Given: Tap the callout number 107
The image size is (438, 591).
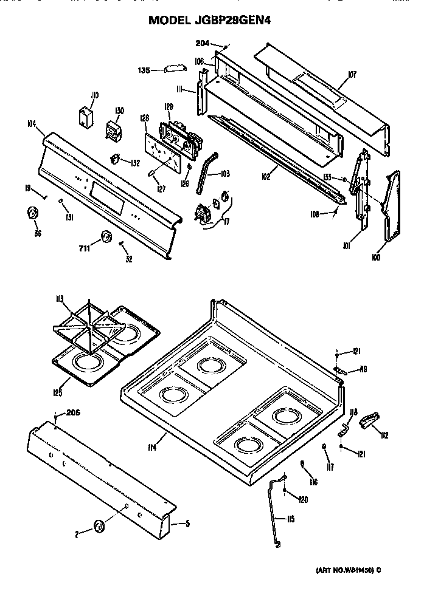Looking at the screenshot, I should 352,74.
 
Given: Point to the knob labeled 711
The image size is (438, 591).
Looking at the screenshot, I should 106,237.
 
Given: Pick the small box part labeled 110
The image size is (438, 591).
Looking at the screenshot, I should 85,116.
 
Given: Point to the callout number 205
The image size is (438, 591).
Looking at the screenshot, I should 72,413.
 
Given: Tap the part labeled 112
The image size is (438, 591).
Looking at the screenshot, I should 370,420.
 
